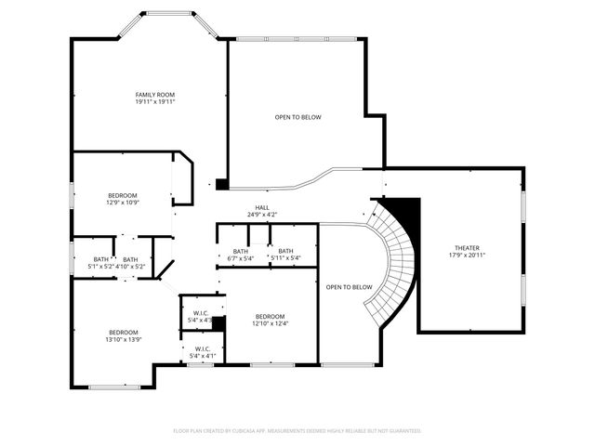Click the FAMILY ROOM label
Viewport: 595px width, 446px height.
point(154,95)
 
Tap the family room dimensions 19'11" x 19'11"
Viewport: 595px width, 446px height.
point(154,102)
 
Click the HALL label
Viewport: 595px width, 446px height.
point(262,208)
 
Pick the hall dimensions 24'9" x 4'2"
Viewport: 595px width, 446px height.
point(262,215)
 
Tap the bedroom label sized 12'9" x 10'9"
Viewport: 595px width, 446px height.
point(122,195)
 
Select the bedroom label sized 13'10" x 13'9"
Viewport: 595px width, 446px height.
point(123,333)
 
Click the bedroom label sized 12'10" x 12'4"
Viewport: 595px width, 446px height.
point(270,315)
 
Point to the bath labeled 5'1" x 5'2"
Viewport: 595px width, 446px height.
point(99,260)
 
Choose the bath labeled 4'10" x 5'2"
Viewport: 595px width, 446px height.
point(131,260)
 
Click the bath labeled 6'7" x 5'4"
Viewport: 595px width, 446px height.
point(241,252)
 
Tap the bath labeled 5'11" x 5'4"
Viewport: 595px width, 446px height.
point(285,252)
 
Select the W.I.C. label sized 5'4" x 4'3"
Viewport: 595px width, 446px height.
point(201,313)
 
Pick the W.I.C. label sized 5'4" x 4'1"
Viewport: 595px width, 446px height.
point(202,349)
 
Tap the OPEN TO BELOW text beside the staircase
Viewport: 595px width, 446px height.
point(350,287)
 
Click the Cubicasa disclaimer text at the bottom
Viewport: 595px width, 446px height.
point(297,431)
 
